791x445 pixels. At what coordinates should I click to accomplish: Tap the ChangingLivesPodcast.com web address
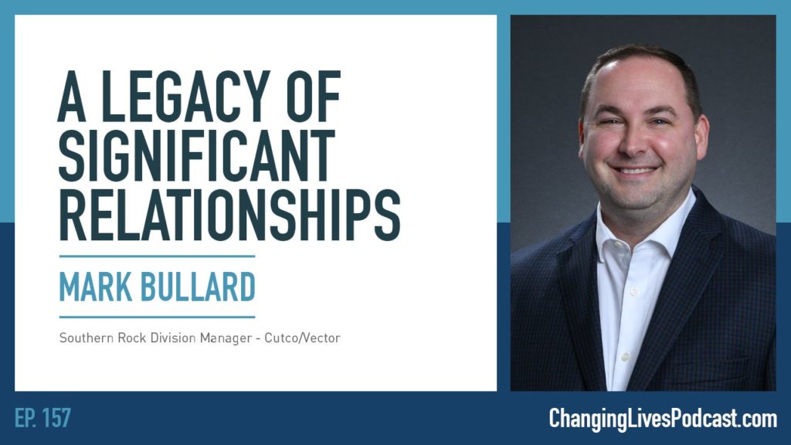[x=662, y=419]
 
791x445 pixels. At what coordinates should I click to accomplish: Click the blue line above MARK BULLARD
[x=156, y=256]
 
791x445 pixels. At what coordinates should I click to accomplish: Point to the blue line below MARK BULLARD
[x=156, y=317]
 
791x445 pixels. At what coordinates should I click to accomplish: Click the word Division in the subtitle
[x=160, y=338]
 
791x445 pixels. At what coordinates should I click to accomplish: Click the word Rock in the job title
[x=121, y=338]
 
